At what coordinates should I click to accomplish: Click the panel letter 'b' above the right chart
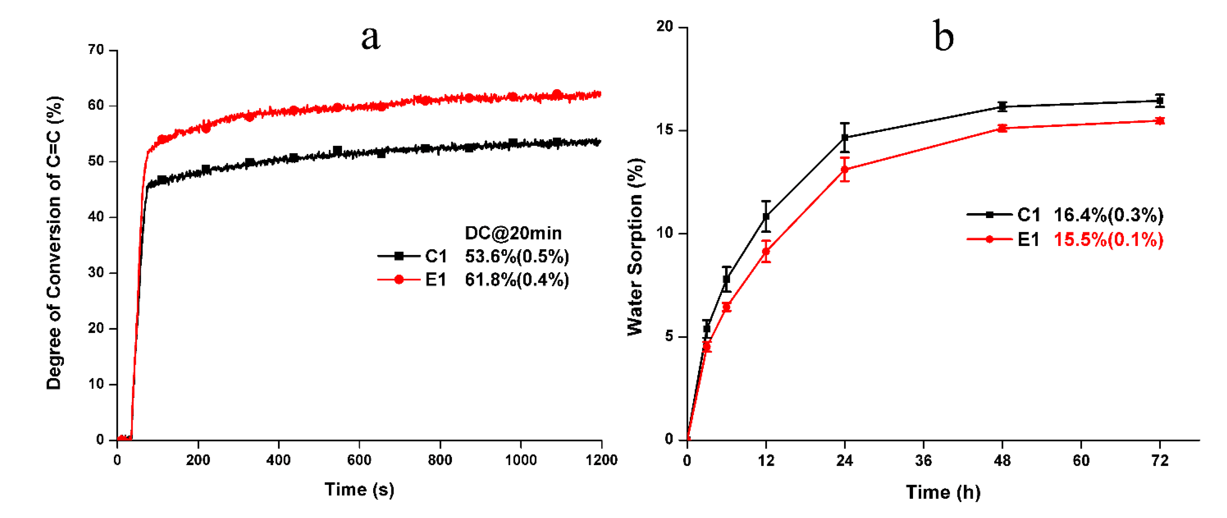coord(943,36)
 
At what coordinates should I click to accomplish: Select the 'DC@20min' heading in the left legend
coord(513,233)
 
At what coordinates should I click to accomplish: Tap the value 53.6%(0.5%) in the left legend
coord(517,257)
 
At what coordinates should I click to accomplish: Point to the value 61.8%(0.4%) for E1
coord(517,280)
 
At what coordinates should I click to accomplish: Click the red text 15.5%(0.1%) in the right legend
coord(1109,239)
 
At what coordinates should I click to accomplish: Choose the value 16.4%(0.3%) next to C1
coord(1109,215)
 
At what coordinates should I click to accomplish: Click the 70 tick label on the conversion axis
coord(96,50)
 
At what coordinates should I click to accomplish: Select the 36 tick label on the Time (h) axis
coord(923,460)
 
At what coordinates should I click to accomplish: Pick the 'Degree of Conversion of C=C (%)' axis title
coord(54,243)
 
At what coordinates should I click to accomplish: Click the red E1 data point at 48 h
coord(1002,128)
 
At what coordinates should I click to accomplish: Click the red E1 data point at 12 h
coord(766,251)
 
